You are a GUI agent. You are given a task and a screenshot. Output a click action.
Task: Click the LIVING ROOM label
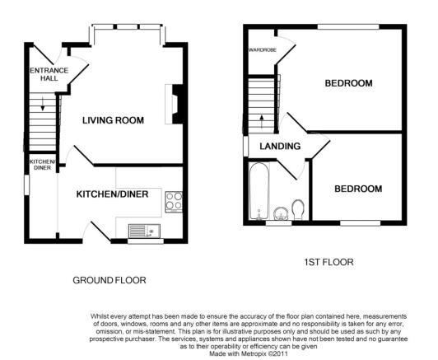click(113, 120)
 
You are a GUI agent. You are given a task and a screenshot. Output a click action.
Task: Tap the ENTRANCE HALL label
click(49, 74)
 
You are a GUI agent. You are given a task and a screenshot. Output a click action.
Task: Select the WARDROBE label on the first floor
click(263, 50)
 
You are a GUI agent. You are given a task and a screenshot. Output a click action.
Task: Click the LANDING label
click(280, 146)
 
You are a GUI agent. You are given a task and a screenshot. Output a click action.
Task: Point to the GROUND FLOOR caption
click(109, 280)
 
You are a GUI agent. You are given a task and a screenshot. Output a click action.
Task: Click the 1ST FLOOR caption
click(328, 262)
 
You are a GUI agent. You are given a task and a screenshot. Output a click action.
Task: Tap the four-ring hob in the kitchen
click(174, 202)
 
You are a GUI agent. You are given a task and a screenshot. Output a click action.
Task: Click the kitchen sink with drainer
click(144, 231)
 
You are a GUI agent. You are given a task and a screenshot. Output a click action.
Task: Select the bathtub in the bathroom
click(259, 191)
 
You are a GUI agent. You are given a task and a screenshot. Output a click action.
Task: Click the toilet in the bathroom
click(298, 209)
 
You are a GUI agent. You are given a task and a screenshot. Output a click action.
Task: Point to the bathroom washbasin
click(281, 213)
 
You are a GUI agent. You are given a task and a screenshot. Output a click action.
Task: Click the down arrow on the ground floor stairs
click(43, 104)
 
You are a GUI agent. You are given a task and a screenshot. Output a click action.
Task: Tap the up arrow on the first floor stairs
click(262, 121)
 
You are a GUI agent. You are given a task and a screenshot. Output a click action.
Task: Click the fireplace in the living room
click(174, 104)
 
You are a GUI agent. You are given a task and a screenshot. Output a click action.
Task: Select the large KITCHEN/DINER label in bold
click(112, 194)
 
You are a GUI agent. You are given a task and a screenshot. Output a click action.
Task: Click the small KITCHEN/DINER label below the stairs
click(43, 165)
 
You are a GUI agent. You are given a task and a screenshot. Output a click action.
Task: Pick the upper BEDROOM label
click(348, 83)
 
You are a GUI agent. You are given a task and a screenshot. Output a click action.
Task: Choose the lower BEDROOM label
click(358, 189)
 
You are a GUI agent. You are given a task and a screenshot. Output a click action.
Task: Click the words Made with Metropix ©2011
click(249, 354)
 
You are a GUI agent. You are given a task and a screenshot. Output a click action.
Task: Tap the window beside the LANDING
click(245, 146)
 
